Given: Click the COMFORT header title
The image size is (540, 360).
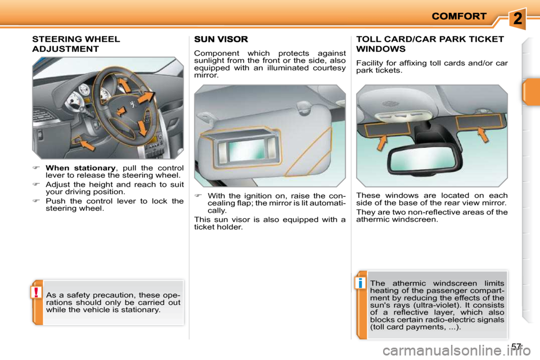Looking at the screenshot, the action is [x=459, y=16].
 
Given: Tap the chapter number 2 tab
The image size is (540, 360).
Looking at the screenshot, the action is [x=517, y=18].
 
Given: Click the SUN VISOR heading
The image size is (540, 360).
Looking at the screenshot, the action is [x=220, y=39].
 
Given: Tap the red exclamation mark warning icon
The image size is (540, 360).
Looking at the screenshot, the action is [x=36, y=292].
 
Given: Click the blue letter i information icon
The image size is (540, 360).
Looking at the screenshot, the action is [x=360, y=283].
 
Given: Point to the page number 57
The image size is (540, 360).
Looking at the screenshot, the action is [x=516, y=346].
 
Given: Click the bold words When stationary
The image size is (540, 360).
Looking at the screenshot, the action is [x=80, y=168].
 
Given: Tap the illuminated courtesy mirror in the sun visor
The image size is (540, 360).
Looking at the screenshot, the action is [x=248, y=151].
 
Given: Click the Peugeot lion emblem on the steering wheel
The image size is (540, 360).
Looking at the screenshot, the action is [x=132, y=105].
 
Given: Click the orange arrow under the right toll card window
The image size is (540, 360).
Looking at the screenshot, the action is [x=483, y=134].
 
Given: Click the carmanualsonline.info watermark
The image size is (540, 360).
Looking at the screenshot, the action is [x=456, y=351].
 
